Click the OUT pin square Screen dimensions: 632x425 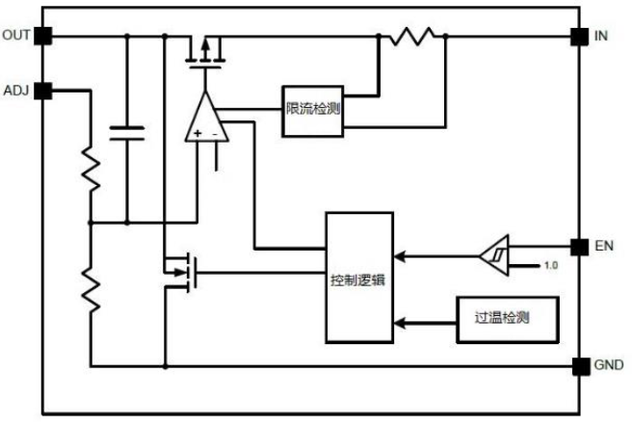pos(42,36)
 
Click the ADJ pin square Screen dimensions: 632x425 pos(42,91)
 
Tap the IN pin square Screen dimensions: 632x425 pos(580,37)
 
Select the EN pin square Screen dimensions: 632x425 pos(580,247)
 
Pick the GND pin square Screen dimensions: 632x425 pos(581,366)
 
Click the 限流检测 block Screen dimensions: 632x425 pos(313,111)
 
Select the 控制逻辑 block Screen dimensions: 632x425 pos(359,278)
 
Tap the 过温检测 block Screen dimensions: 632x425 pos(508,320)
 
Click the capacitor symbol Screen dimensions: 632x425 pos(127,133)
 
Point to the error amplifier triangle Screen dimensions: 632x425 pos(207,118)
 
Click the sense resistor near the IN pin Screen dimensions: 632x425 pos(412,37)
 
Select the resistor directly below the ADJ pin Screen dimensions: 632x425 pos(91,169)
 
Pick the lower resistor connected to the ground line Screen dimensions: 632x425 pos(91,290)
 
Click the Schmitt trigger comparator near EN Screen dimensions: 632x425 pos(495,255)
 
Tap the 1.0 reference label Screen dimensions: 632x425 pos(550,266)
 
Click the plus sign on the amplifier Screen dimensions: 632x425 pos(197,133)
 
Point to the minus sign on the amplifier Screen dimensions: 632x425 pos(215,134)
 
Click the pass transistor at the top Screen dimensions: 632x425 pos(205,53)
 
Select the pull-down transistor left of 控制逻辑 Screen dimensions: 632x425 pos(181,272)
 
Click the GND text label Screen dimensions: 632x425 pos(609,365)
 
